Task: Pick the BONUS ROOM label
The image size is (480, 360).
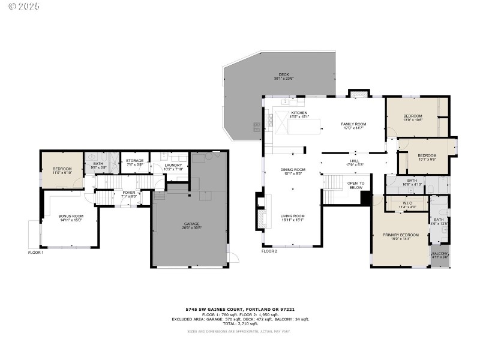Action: [70, 217]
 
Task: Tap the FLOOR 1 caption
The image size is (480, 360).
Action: [36, 253]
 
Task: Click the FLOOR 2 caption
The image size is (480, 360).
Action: [269, 251]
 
